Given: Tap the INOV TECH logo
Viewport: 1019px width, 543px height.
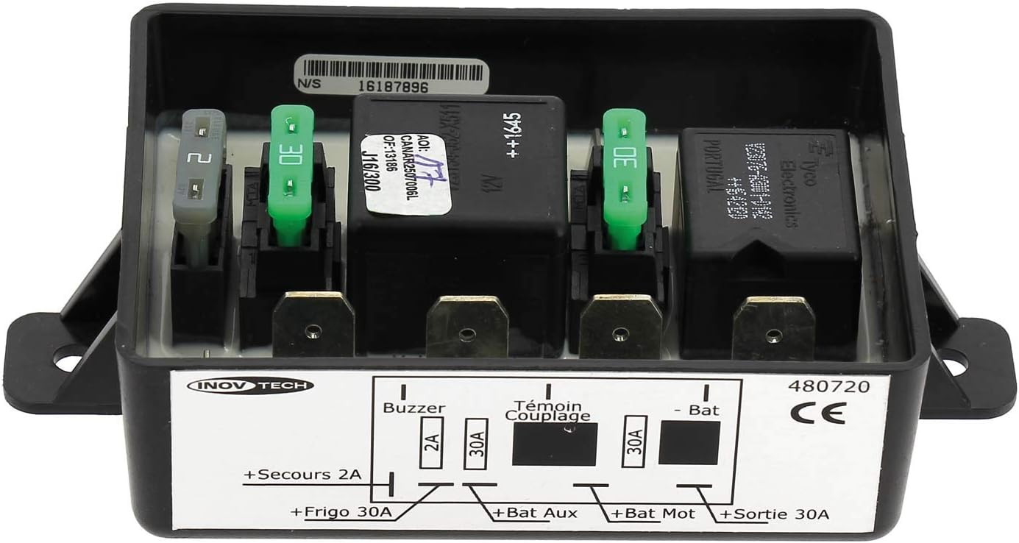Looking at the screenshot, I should click(x=250, y=385).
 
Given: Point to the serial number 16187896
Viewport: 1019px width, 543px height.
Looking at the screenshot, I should click(x=394, y=85).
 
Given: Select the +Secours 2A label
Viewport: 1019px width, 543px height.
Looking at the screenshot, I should click(x=302, y=475).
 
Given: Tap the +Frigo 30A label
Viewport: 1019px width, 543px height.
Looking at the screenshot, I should click(x=341, y=511).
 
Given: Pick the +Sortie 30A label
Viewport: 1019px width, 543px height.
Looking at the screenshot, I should click(x=775, y=514).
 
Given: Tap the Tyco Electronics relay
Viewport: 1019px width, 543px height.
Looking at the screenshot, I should click(x=769, y=213).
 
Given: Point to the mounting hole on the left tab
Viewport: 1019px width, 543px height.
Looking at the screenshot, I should click(x=67, y=362).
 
